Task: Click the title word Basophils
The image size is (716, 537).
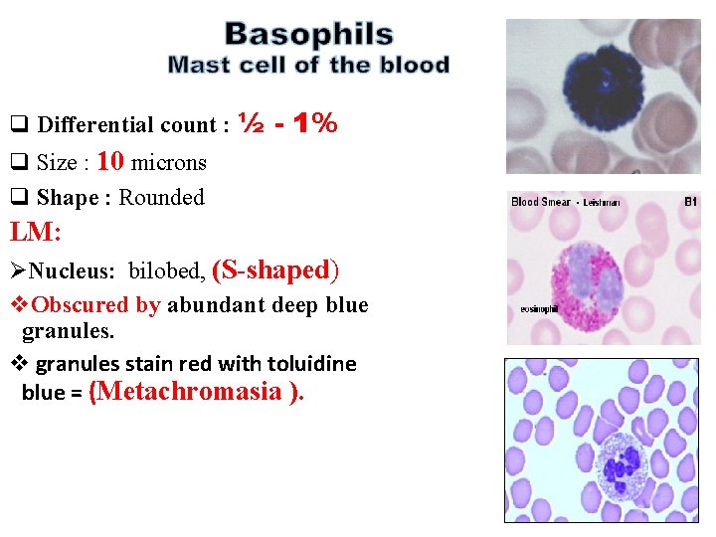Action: point(308,35)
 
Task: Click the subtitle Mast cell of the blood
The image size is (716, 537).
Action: point(308,66)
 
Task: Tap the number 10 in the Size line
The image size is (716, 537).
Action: point(110,161)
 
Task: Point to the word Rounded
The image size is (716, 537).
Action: point(161,197)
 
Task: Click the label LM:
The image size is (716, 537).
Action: point(36,233)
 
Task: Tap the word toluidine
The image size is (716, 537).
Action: point(306,364)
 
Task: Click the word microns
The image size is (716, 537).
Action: point(168,162)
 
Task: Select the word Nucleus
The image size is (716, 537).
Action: point(75,271)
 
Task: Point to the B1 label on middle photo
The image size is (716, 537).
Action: point(690,202)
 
